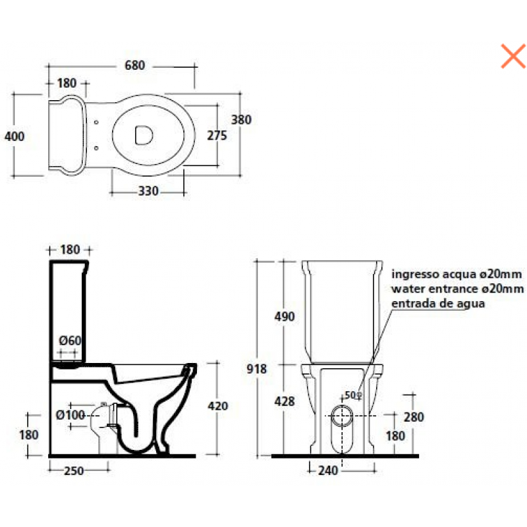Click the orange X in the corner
pyautogui.click(x=513, y=56)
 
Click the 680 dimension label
pyautogui.click(x=135, y=65)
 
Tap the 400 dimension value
pyautogui.click(x=14, y=136)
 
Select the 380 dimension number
pyautogui.click(x=241, y=120)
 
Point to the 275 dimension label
pyautogui.click(x=217, y=136)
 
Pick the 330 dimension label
pyautogui.click(x=148, y=191)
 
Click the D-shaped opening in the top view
pyautogui.click(x=144, y=136)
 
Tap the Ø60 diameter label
pyautogui.click(x=70, y=341)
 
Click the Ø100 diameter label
pyautogui.click(x=70, y=415)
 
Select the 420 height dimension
pyautogui.click(x=218, y=406)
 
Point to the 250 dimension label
pyautogui.click(x=74, y=471)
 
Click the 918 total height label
pyautogui.click(x=256, y=369)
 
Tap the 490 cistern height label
pyautogui.click(x=285, y=317)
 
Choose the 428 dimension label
pyautogui.click(x=285, y=401)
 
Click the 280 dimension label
pyautogui.click(x=414, y=417)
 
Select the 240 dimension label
pyautogui.click(x=328, y=470)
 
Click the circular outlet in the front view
pyautogui.click(x=342, y=416)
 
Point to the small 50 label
pyautogui.click(x=350, y=395)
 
